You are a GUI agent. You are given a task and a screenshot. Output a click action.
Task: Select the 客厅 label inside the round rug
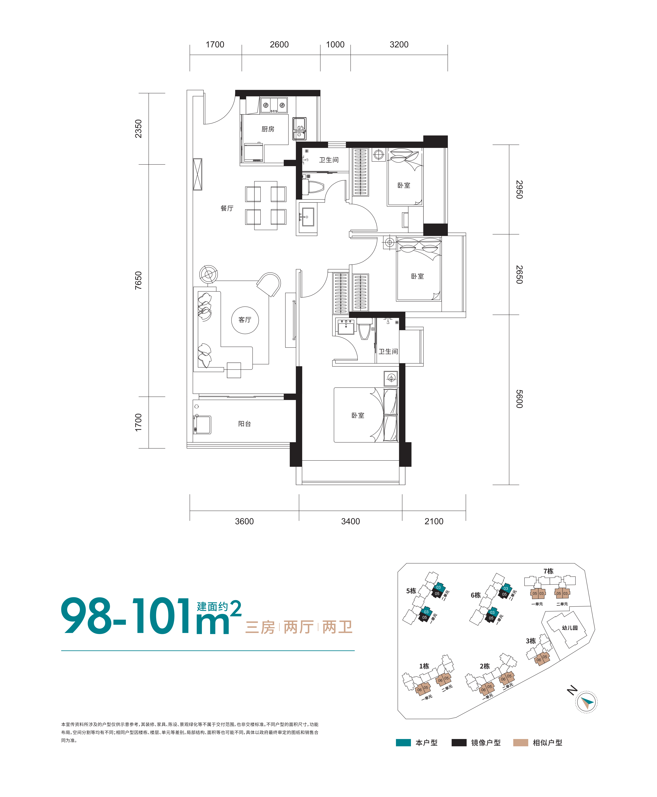(x=245, y=320)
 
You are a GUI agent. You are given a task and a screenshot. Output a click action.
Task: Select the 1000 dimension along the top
(x=335, y=45)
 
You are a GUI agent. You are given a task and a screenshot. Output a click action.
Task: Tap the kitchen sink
(x=299, y=129)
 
